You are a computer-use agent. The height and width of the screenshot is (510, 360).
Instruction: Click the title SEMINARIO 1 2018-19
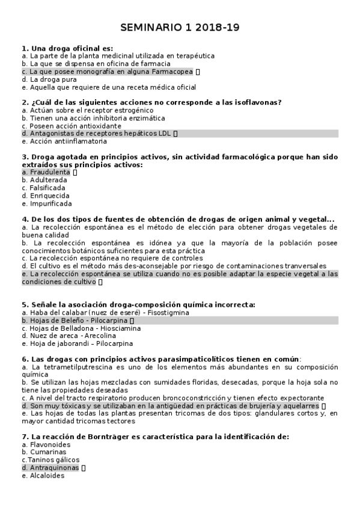pos(180,28)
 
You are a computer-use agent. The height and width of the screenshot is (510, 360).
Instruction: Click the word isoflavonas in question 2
pos(257,102)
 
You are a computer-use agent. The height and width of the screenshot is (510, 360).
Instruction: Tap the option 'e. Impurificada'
pos(46,203)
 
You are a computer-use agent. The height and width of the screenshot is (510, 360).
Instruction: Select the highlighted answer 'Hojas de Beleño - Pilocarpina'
pos(78,321)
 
